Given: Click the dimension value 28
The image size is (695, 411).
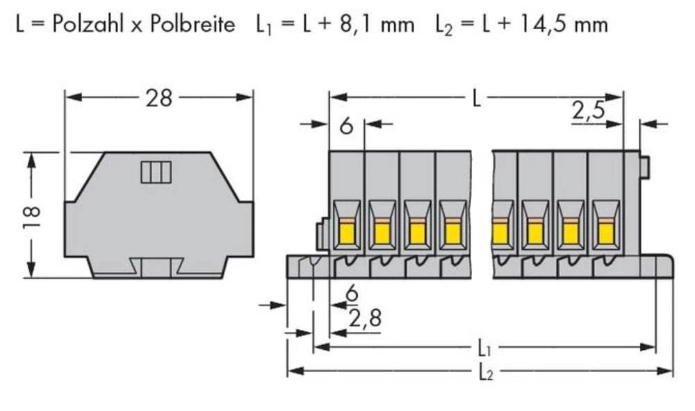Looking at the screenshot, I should (158, 99).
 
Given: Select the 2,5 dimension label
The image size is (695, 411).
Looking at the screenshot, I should (588, 112).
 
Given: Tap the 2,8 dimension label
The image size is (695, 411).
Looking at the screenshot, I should (363, 319).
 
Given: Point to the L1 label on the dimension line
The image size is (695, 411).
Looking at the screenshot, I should (484, 346).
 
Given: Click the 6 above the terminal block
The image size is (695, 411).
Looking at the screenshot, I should (346, 127).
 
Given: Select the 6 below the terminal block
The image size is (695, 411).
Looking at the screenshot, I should (352, 294).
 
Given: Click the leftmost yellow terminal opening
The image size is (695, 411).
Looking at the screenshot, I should (346, 231).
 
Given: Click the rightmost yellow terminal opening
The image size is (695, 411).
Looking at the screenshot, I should (606, 231).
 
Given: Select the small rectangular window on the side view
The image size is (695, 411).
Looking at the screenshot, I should (156, 172).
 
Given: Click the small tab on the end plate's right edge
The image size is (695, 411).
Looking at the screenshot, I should (644, 167).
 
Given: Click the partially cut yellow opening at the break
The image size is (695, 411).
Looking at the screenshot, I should (498, 231).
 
